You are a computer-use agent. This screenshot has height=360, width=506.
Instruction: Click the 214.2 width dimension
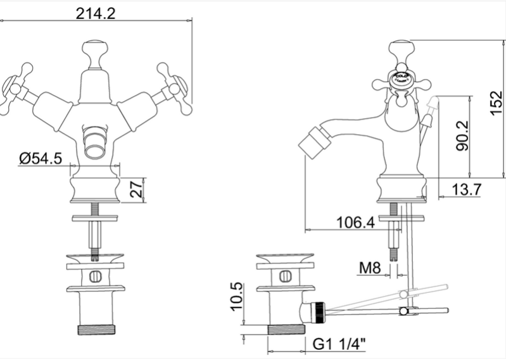(x=96, y=13)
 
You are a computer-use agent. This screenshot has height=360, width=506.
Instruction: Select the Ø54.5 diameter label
(x=41, y=158)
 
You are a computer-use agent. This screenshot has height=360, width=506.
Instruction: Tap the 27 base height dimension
(x=137, y=189)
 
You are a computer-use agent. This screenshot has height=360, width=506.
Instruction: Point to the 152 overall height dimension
(x=496, y=102)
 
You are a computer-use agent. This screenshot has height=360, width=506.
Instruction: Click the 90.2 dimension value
(x=462, y=135)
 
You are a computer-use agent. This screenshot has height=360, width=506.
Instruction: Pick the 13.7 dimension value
(x=467, y=189)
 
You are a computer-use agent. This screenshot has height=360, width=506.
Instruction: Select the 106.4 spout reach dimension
(x=356, y=222)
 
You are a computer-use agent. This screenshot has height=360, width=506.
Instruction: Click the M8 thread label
(x=370, y=268)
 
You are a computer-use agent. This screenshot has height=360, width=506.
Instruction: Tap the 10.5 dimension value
(x=237, y=297)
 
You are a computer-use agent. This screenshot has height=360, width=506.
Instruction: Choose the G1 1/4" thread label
(x=339, y=344)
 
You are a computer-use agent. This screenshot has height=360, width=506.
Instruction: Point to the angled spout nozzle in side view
(x=311, y=142)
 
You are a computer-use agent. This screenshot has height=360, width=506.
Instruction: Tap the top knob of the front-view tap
(x=96, y=55)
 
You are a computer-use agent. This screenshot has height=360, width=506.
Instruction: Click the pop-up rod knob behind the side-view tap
(x=433, y=104)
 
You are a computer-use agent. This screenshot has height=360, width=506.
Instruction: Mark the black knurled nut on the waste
(x=319, y=313)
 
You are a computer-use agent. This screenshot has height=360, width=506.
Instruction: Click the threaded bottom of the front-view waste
(x=96, y=330)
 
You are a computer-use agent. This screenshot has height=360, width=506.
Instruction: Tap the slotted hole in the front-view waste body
(x=96, y=276)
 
